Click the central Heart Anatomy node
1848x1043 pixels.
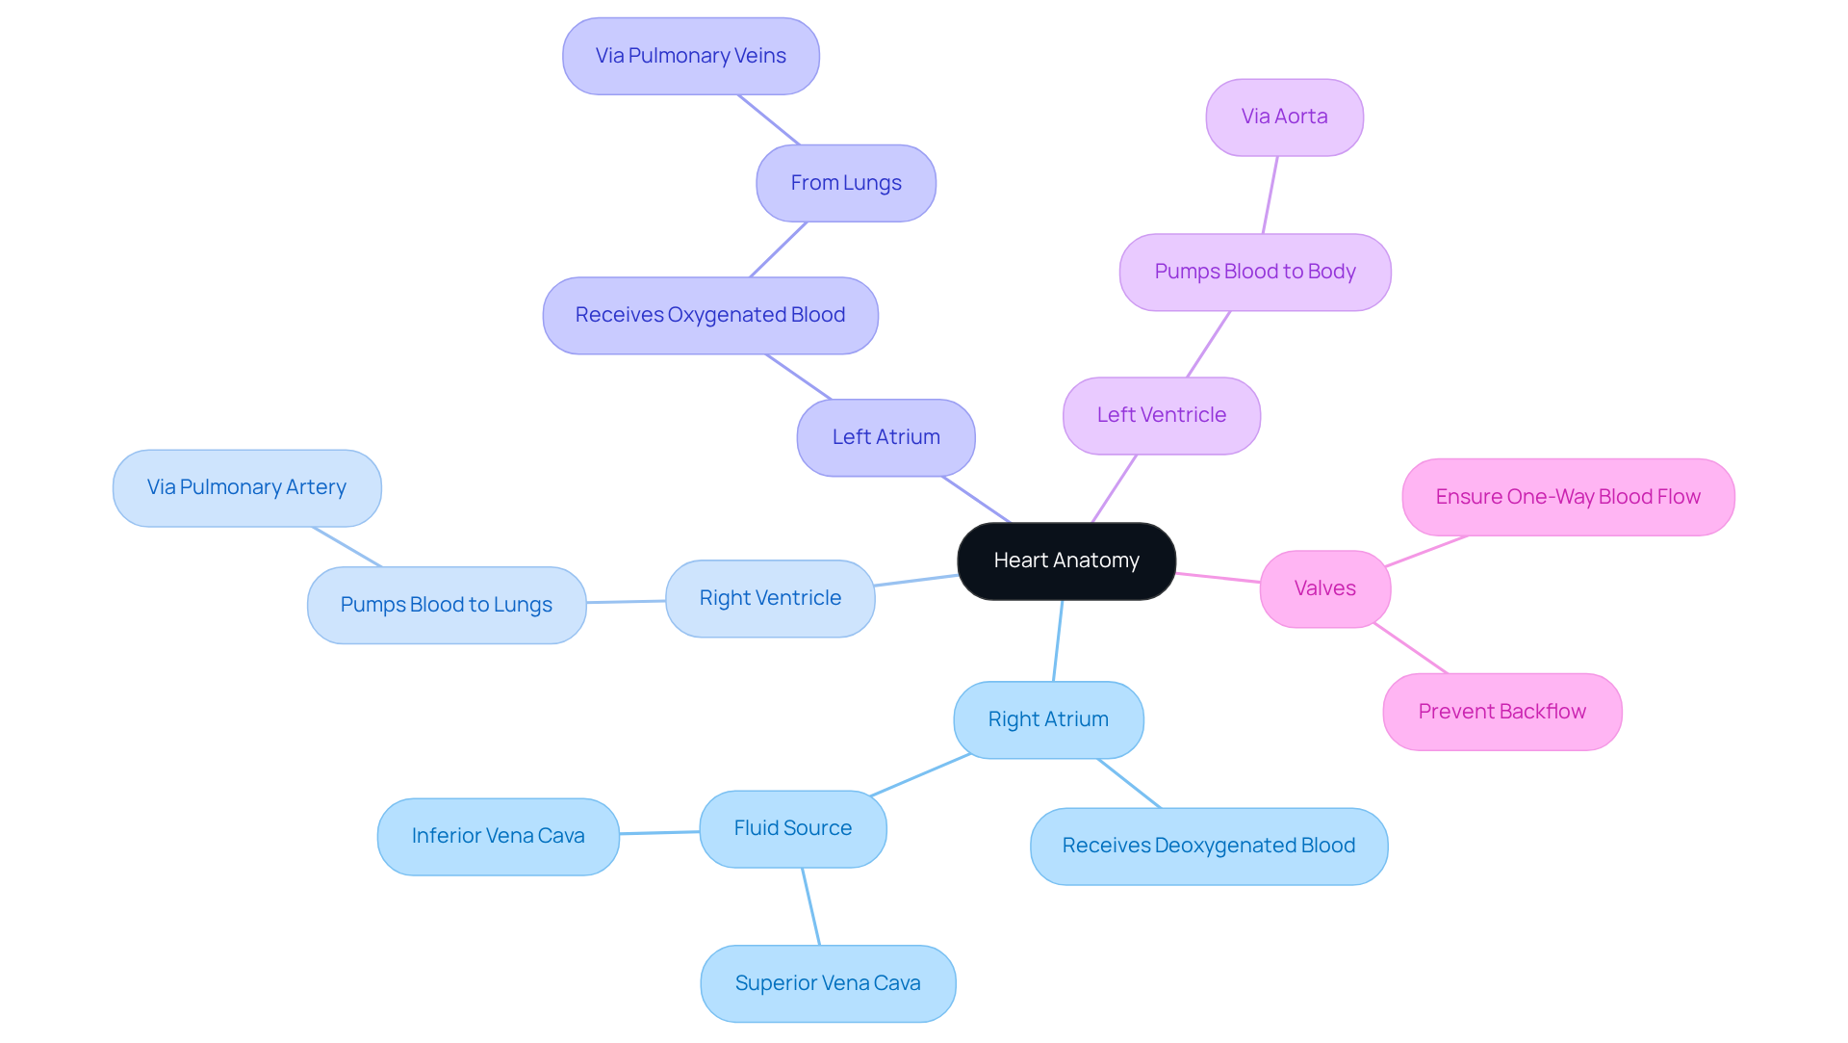coord(1066,561)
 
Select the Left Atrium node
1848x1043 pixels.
coord(885,437)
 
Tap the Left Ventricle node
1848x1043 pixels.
coord(1162,415)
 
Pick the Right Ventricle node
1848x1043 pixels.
coord(770,598)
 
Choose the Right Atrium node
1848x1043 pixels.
coord(1048,719)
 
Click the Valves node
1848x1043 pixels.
coord(1325,588)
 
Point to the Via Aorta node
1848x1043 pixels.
coord(1284,117)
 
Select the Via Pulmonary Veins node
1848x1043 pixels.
coord(691,56)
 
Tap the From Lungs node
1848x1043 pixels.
coord(846,183)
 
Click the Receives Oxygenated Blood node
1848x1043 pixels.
coord(710,315)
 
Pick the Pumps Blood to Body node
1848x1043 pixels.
coord(1255,272)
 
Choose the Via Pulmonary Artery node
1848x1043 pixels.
coord(246,487)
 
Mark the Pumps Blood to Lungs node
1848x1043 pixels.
coord(447,605)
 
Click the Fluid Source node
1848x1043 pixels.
coord(793,828)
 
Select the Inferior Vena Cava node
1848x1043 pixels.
coord(498,836)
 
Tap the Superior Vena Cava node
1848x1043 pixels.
coord(828,983)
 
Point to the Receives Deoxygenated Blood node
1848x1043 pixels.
coord(1209,846)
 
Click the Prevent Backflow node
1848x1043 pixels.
coord(1502,712)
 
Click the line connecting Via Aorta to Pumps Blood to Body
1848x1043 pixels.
coord(1270,195)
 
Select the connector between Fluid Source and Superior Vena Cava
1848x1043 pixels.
coord(811,906)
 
